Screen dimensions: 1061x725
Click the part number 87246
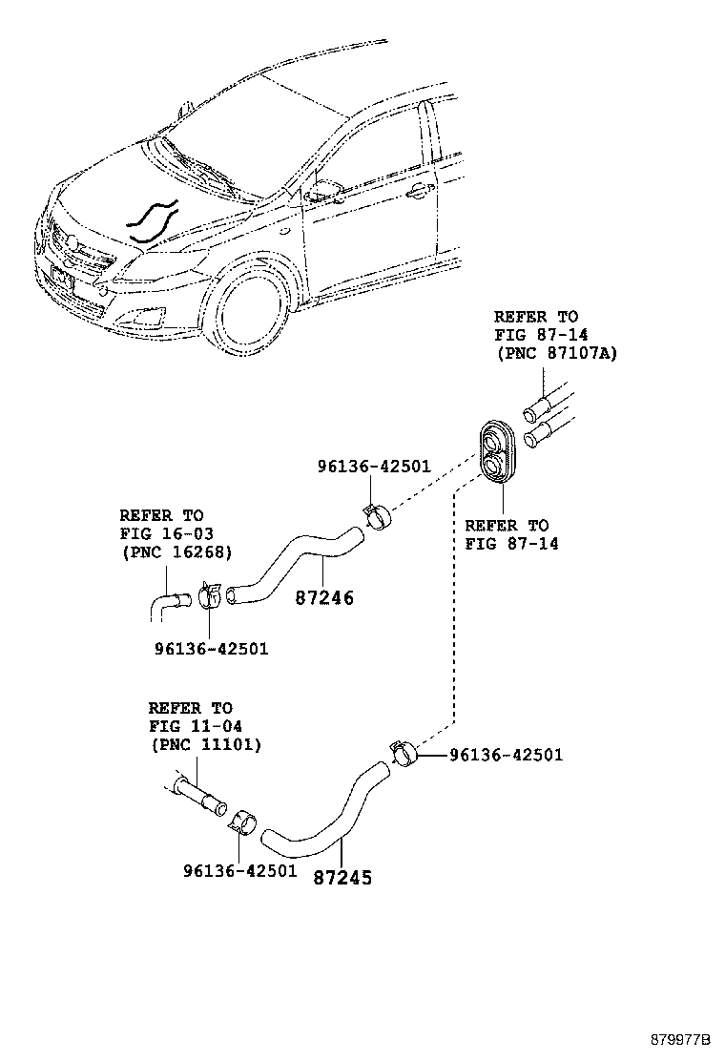coord(324,598)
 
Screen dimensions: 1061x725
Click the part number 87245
coord(342,877)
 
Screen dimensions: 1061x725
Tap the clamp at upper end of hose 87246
coord(379,516)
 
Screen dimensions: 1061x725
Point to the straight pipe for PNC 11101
coord(201,797)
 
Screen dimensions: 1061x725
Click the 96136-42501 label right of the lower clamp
coord(506,755)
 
